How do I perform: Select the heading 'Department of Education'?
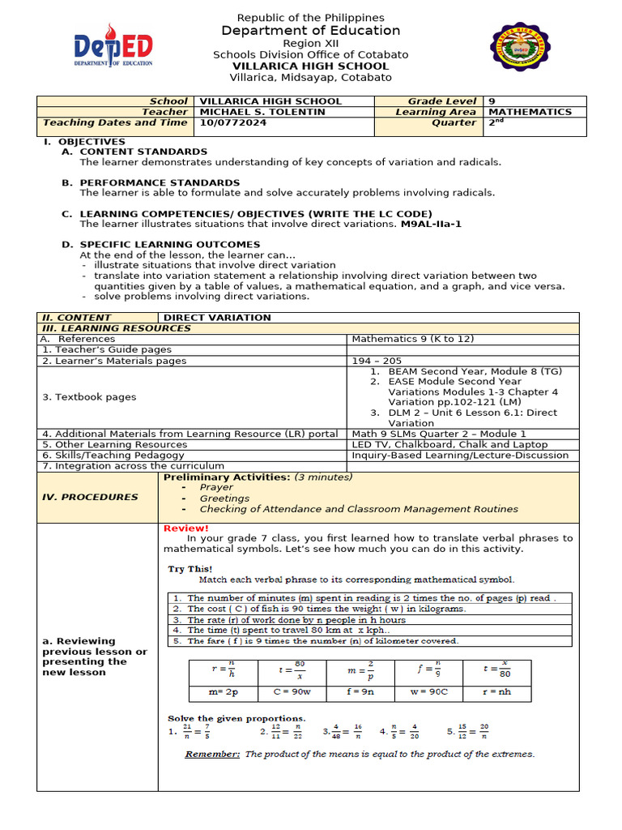coord(311,31)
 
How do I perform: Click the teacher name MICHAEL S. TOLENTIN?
coord(262,112)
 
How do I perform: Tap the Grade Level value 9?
coord(492,101)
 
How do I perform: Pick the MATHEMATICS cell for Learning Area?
coord(530,112)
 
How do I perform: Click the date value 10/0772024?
coord(233,122)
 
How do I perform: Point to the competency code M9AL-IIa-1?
coord(431,224)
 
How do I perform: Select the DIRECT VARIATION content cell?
coord(217,318)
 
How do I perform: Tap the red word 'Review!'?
coord(186,528)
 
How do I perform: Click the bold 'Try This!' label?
coord(190,569)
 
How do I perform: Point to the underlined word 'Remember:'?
coord(212,754)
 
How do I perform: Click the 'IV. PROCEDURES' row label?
coord(90,497)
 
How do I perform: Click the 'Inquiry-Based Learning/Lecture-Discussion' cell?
coord(460,455)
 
